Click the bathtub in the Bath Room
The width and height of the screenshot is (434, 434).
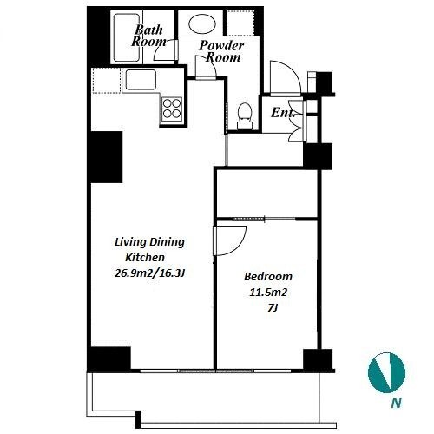pos(127,37)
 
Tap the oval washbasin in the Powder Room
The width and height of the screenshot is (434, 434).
pos(202,24)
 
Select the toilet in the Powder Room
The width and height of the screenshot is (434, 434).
pos(245,115)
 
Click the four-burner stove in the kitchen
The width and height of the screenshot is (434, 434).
pos(172,108)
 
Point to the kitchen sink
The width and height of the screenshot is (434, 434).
pos(141,80)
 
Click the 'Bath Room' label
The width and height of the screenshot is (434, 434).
pos(148,36)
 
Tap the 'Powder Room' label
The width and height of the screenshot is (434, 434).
pos(222,51)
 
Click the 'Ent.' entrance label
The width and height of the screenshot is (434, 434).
pos(283,113)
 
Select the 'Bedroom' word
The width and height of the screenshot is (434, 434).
pos(268,277)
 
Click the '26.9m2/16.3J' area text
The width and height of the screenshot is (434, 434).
pos(149,273)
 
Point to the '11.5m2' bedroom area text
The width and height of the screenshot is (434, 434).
pos(268,293)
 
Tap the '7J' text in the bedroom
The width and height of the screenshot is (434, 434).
pos(273,308)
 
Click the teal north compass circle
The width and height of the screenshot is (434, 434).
pos(386,372)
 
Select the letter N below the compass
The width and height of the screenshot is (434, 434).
pos(397,403)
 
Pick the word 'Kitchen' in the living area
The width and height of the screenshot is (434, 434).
pos(145,257)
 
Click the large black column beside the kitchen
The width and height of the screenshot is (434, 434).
pos(106,157)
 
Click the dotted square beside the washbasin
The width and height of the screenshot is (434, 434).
pos(240,23)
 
